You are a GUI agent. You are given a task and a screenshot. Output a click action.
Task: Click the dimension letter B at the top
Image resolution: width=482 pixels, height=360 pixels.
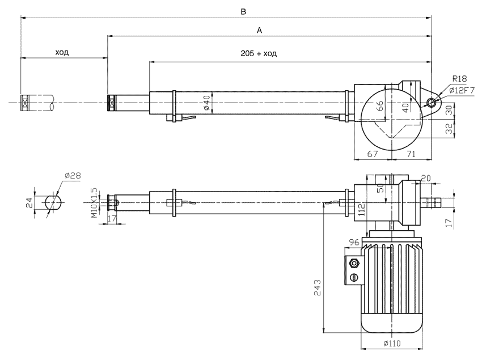(x=243, y=11)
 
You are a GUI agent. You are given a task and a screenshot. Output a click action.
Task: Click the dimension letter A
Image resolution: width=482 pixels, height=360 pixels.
(x=259, y=31)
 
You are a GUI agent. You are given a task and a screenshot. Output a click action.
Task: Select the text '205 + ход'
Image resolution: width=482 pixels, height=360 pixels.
(x=257, y=53)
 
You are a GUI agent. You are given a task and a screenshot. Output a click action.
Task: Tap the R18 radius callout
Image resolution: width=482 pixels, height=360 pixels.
(x=459, y=79)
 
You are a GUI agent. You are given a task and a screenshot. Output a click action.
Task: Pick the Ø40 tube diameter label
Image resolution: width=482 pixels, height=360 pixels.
(x=207, y=103)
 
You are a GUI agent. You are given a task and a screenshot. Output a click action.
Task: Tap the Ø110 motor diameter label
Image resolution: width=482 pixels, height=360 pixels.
(x=391, y=345)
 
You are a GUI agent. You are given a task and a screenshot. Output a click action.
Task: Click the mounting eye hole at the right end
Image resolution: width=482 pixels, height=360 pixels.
(x=432, y=103)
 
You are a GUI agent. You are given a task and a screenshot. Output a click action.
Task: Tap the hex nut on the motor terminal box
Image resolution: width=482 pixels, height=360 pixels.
(x=355, y=263)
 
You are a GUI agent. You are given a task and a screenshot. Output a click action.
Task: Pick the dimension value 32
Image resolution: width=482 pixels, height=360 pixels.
(x=449, y=128)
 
